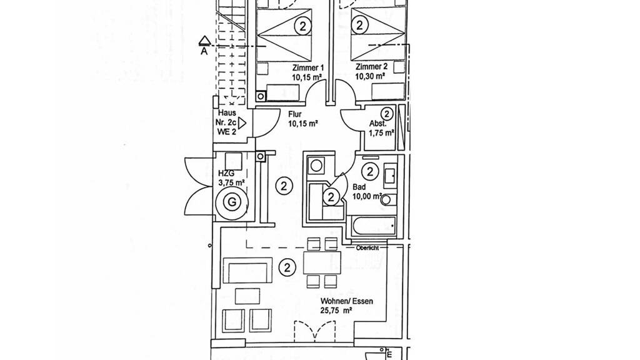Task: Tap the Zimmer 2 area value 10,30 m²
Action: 370,77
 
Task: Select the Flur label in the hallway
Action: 296,115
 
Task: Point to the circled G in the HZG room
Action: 232,202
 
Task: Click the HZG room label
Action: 226,173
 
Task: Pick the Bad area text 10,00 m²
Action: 367,196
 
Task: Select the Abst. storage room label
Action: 377,124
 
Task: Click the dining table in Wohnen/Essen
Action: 322,262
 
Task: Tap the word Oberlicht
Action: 367,247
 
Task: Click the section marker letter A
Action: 204,52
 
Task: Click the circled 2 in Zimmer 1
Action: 302,26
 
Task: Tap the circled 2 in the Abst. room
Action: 387,114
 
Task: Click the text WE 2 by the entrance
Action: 227,132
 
